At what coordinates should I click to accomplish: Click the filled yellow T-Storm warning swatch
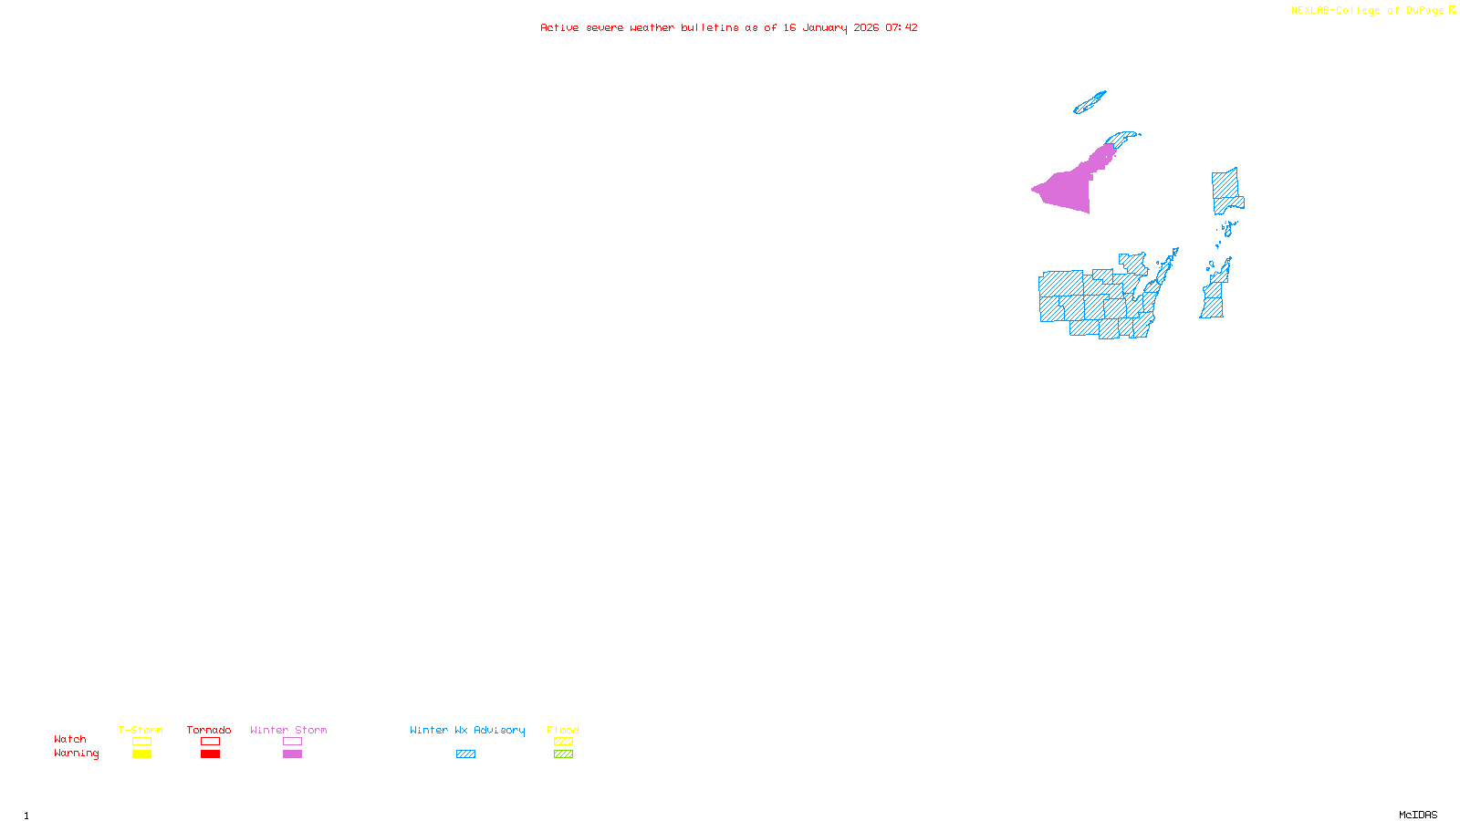pyautogui.click(x=141, y=754)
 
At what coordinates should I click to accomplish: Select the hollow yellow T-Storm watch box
pyautogui.click(x=141, y=742)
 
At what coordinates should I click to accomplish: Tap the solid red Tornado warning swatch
pyautogui.click(x=210, y=754)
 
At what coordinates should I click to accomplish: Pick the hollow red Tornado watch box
pyautogui.click(x=210, y=742)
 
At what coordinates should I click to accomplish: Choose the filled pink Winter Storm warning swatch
pyautogui.click(x=292, y=754)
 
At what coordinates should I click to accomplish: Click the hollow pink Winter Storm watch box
pyautogui.click(x=292, y=742)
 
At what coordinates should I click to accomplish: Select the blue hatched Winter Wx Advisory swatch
pyautogui.click(x=465, y=754)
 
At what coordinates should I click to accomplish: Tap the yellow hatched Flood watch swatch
pyautogui.click(x=563, y=742)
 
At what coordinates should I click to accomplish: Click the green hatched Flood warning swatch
pyautogui.click(x=563, y=754)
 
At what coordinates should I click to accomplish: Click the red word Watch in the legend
pyautogui.click(x=70, y=740)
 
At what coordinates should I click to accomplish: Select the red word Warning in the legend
pyautogui.click(x=76, y=753)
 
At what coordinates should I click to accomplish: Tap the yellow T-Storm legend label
pyautogui.click(x=141, y=730)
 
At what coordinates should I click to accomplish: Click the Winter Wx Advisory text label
pyautogui.click(x=467, y=730)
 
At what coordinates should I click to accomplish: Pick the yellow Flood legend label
pyautogui.click(x=563, y=730)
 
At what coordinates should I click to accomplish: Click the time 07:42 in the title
pyautogui.click(x=902, y=27)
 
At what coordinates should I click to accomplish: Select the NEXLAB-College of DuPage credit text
pyautogui.click(x=1368, y=11)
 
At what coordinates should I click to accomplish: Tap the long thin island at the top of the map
pyautogui.click(x=1090, y=102)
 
